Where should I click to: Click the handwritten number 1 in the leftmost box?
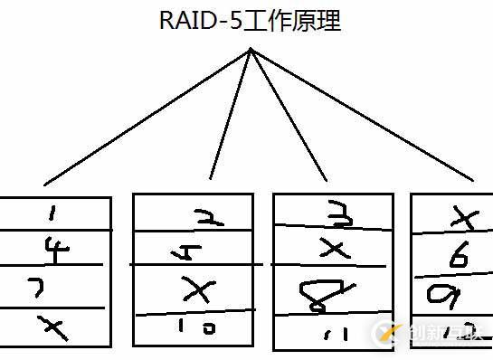coord(52,214)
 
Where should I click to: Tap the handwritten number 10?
coord(200,329)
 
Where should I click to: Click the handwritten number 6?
coord(459,258)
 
